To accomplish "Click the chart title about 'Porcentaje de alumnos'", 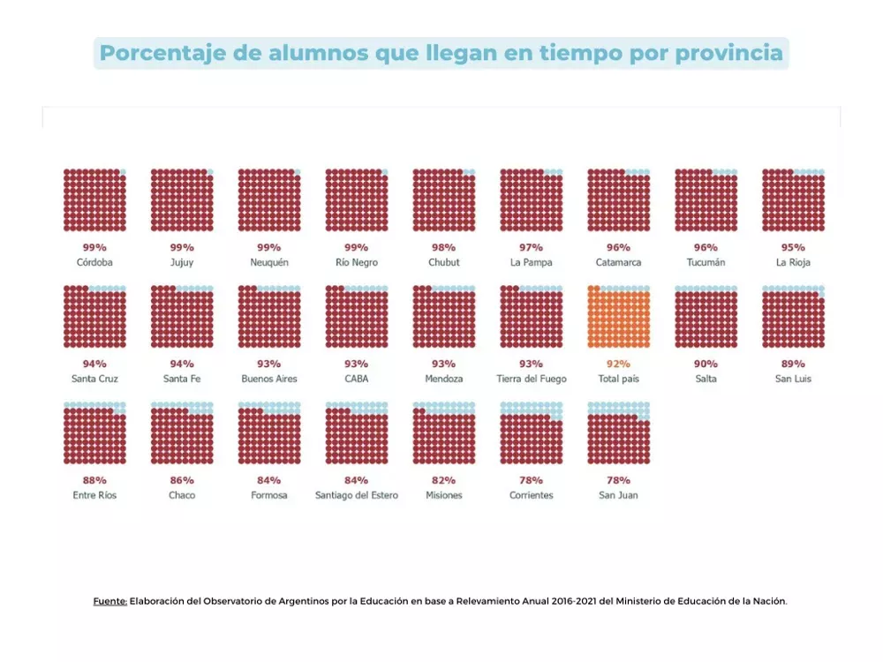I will click(441, 53).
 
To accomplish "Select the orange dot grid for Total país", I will click(618, 317).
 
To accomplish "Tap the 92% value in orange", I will click(618, 364).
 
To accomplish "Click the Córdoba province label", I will click(94, 262).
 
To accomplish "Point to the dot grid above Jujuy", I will click(182, 200).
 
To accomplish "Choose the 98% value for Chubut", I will click(443, 247).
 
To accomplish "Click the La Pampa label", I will click(531, 262).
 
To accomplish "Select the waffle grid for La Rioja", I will click(793, 200).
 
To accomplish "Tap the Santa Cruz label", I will click(94, 379).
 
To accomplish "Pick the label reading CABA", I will click(356, 379).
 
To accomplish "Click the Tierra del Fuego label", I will click(531, 379).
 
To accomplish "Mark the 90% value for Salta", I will click(706, 364).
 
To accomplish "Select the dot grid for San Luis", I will click(793, 317).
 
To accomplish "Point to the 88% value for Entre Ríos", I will click(94, 480).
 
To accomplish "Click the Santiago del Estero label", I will click(356, 495).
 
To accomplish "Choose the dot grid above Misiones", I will click(443, 433).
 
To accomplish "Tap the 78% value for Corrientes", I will click(531, 480).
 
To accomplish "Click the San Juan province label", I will click(618, 495).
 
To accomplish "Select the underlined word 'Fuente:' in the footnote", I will click(110, 601).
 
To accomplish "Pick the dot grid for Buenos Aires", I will click(269, 317).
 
